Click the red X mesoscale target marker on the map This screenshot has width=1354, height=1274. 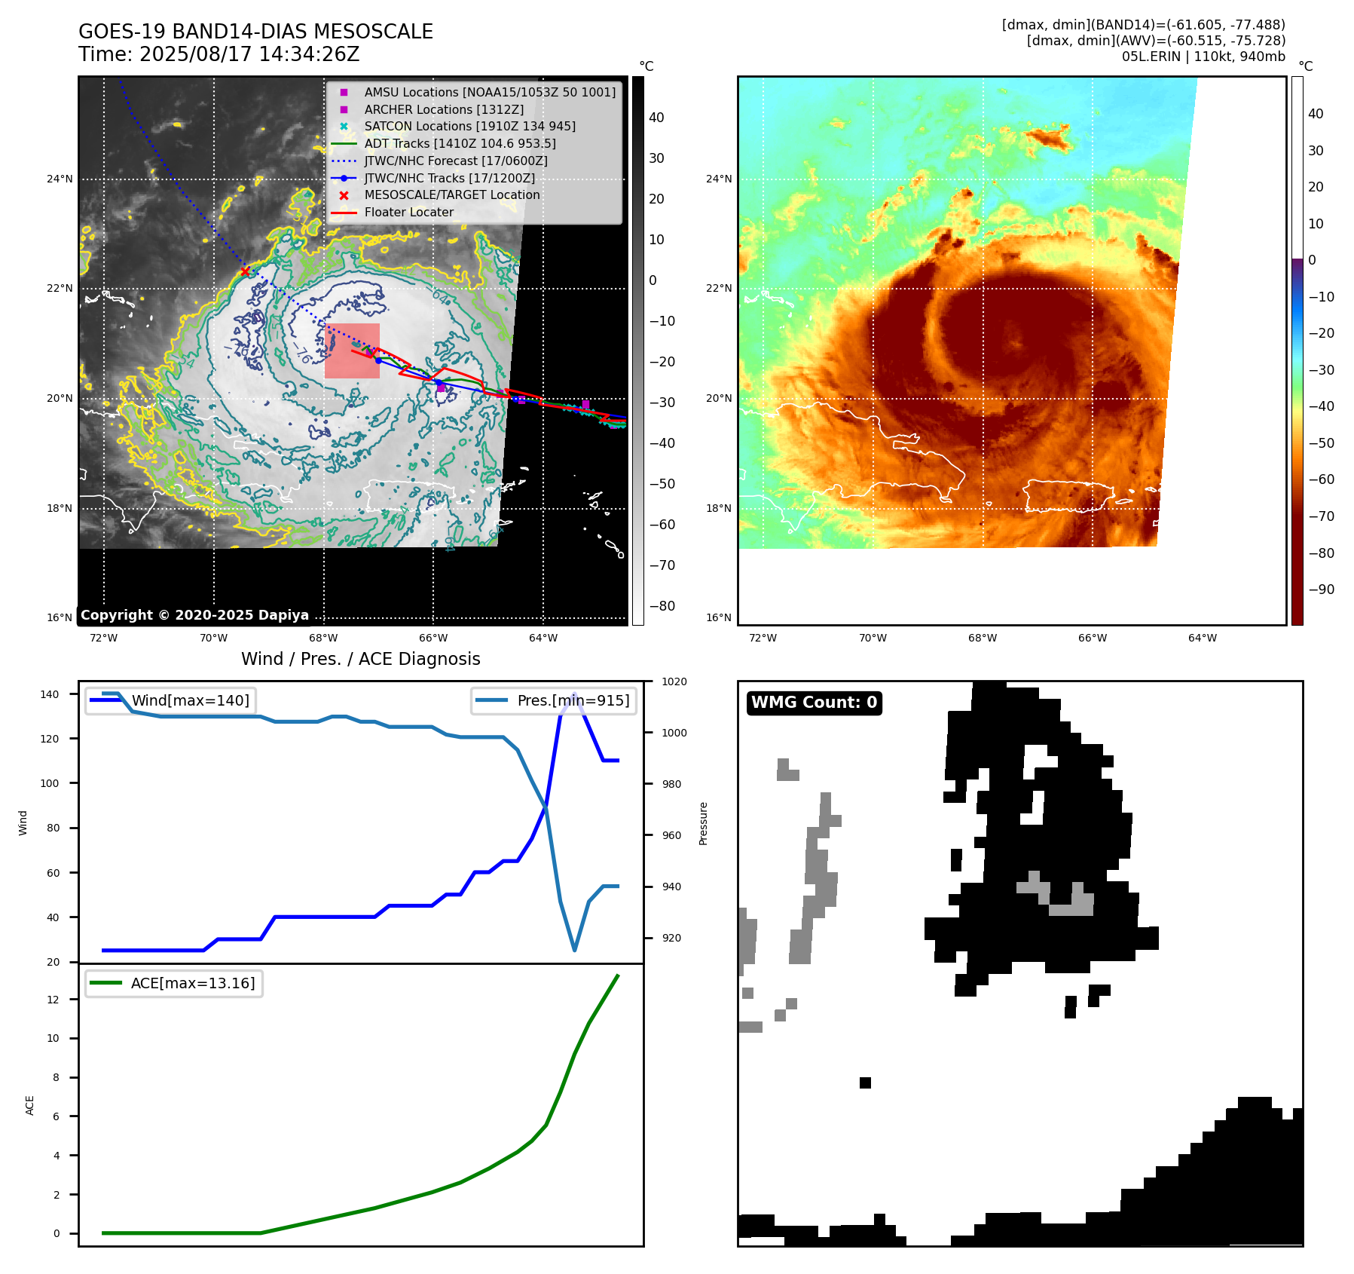(245, 271)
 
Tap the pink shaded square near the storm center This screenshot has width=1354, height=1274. (352, 351)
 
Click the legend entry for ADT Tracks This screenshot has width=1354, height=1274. (460, 143)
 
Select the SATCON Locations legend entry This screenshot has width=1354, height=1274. (469, 126)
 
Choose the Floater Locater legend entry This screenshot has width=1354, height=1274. (408, 213)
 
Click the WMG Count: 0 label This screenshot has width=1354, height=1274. (814, 703)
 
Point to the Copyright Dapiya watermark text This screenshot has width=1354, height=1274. (194, 615)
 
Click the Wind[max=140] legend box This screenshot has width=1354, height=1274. (170, 700)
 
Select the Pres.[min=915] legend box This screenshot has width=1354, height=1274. (554, 700)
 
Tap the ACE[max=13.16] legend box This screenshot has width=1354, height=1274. (174, 983)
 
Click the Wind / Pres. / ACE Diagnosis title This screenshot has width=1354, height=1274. (360, 659)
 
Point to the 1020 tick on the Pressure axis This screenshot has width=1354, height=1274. (674, 681)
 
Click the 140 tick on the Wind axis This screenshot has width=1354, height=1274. (50, 694)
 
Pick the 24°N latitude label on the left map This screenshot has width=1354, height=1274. (60, 179)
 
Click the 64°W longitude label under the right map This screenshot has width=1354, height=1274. (1202, 638)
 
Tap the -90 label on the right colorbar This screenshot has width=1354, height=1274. (1321, 590)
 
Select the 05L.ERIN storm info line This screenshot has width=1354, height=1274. (1203, 57)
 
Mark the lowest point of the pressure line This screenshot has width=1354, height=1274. (575, 950)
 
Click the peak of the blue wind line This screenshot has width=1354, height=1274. (575, 694)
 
